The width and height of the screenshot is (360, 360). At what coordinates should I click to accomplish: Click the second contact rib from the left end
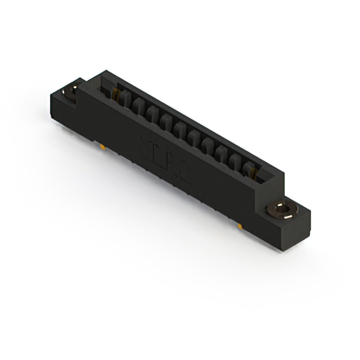(138, 107)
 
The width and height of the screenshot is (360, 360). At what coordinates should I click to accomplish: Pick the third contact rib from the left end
(151, 115)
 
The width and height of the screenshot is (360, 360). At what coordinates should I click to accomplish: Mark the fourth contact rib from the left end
(165, 122)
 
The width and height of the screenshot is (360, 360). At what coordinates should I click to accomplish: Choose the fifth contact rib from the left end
(178, 129)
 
